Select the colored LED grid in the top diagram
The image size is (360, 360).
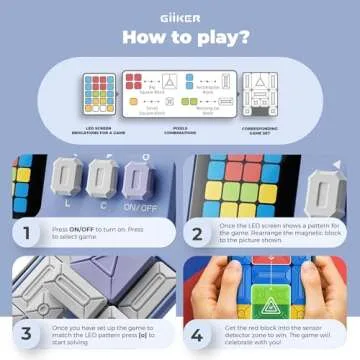point(84,98)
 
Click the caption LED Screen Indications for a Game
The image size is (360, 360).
point(83,127)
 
